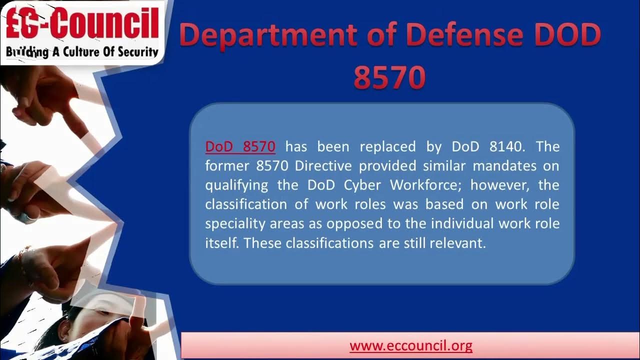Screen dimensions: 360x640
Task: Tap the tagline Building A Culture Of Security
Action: pos(82,51)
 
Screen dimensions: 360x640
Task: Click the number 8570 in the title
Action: pos(389,77)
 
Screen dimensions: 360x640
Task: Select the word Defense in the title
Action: pos(454,35)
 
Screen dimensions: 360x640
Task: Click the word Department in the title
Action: pos(267,35)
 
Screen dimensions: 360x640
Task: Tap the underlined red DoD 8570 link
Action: pos(240,146)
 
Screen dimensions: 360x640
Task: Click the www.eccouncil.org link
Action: pos(411,345)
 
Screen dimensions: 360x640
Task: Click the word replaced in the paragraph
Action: pos(387,146)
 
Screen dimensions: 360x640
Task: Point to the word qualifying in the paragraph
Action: pos(236,185)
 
